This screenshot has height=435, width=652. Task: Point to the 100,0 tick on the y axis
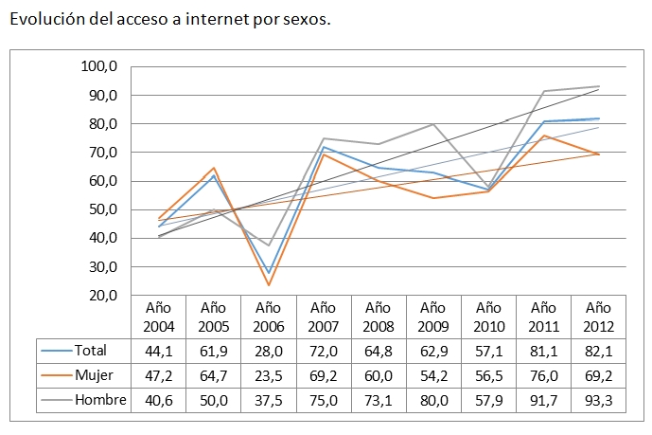tap(98, 67)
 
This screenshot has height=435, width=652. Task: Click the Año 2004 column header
tap(158, 317)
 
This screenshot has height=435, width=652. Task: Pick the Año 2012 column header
tap(598, 317)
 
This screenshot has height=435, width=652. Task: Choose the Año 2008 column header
tap(379, 317)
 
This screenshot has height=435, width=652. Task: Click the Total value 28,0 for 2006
tap(269, 351)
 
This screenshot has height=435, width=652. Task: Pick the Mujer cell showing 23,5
tap(269, 375)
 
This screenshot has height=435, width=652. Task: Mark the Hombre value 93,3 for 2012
tap(598, 400)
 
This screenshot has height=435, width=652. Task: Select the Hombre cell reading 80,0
tap(433, 400)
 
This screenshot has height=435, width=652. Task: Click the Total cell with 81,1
tap(543, 351)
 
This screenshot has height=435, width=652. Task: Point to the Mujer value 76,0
tap(543, 375)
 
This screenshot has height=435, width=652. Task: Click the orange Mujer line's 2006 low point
tap(269, 285)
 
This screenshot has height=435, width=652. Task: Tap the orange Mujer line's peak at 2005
tap(214, 168)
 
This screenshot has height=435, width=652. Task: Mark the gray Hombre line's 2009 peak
tap(433, 124)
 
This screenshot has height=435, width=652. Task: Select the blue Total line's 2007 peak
tap(324, 147)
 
